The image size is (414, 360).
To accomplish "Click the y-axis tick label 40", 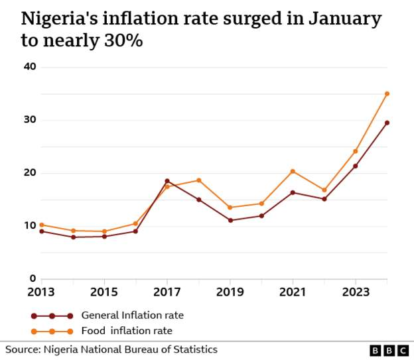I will (29, 67).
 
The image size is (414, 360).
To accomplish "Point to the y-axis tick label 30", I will (29, 120).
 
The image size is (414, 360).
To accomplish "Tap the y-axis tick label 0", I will (32, 279).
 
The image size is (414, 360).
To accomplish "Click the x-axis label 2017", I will (167, 292).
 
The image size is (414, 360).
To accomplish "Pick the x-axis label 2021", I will (293, 292).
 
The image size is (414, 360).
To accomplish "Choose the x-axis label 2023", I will (356, 292).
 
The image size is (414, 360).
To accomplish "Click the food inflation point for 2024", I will (387, 93).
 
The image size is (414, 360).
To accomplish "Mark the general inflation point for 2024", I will (387, 123).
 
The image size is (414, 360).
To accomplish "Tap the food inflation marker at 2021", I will (293, 171).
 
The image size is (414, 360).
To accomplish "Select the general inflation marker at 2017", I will (167, 180).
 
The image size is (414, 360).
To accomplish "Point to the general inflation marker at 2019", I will (230, 220).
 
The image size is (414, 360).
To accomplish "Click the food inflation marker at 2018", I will (198, 180).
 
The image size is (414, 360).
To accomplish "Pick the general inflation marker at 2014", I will (73, 237).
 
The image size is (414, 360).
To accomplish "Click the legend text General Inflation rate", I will (132, 316).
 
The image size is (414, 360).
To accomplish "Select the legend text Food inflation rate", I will (128, 330).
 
